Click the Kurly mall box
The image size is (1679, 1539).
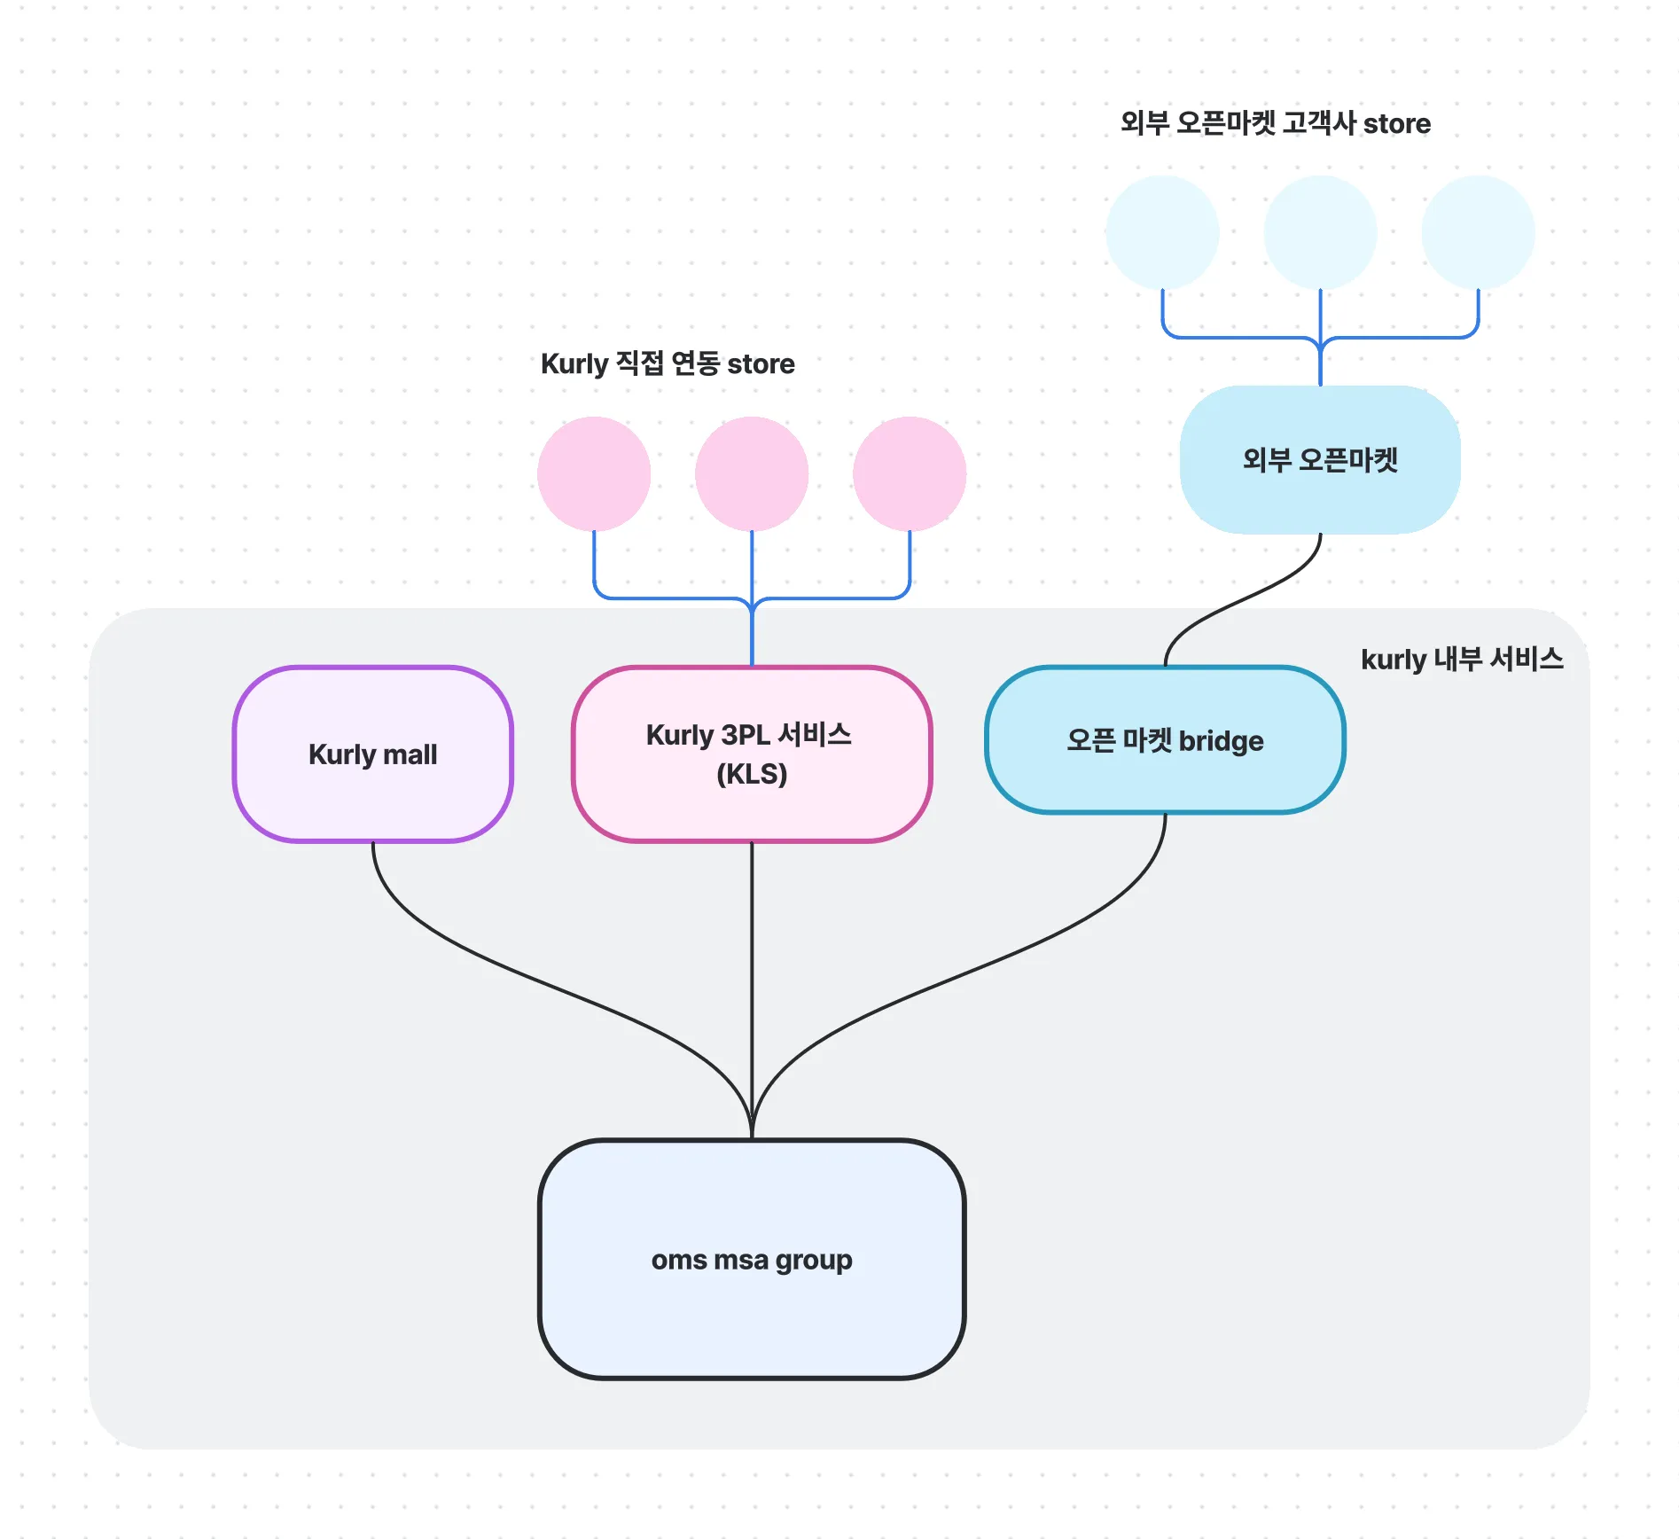372,754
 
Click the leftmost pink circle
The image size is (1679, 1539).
594,473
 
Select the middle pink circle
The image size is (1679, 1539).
752,473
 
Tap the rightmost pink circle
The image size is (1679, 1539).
910,473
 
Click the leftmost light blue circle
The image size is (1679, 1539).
1162,232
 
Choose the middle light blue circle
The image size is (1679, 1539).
1320,232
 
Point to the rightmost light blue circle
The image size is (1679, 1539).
1478,232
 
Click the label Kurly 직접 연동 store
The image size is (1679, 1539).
668,363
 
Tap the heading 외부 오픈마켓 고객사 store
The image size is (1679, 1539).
1275,123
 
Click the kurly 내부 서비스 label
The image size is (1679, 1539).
1462,659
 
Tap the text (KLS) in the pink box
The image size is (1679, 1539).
752,774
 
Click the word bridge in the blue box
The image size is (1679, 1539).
1221,741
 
